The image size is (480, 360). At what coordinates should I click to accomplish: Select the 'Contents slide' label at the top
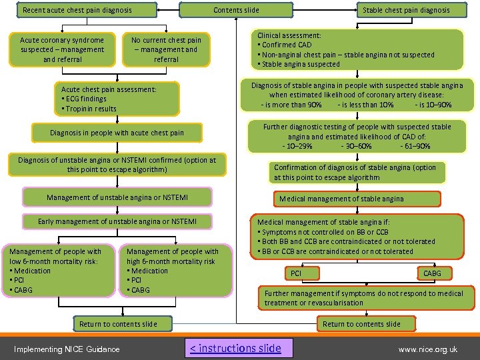click(x=236, y=10)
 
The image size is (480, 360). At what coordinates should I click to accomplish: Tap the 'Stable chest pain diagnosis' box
click(x=405, y=10)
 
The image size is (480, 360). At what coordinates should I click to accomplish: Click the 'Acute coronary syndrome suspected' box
click(x=62, y=49)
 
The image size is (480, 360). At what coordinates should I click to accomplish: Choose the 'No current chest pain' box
click(x=166, y=49)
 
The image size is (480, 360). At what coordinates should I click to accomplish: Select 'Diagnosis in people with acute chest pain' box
click(x=117, y=133)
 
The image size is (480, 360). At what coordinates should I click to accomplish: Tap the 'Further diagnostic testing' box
click(x=357, y=136)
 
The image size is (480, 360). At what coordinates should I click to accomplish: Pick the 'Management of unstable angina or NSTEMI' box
click(x=117, y=197)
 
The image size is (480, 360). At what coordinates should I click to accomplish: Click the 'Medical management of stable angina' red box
click(x=357, y=199)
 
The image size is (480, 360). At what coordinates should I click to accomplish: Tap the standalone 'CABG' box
click(x=431, y=273)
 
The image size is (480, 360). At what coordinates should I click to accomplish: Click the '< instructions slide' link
click(x=235, y=348)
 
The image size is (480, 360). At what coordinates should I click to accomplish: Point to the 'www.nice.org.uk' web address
click(x=427, y=349)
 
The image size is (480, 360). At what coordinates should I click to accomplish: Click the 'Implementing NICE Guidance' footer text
click(x=67, y=349)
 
